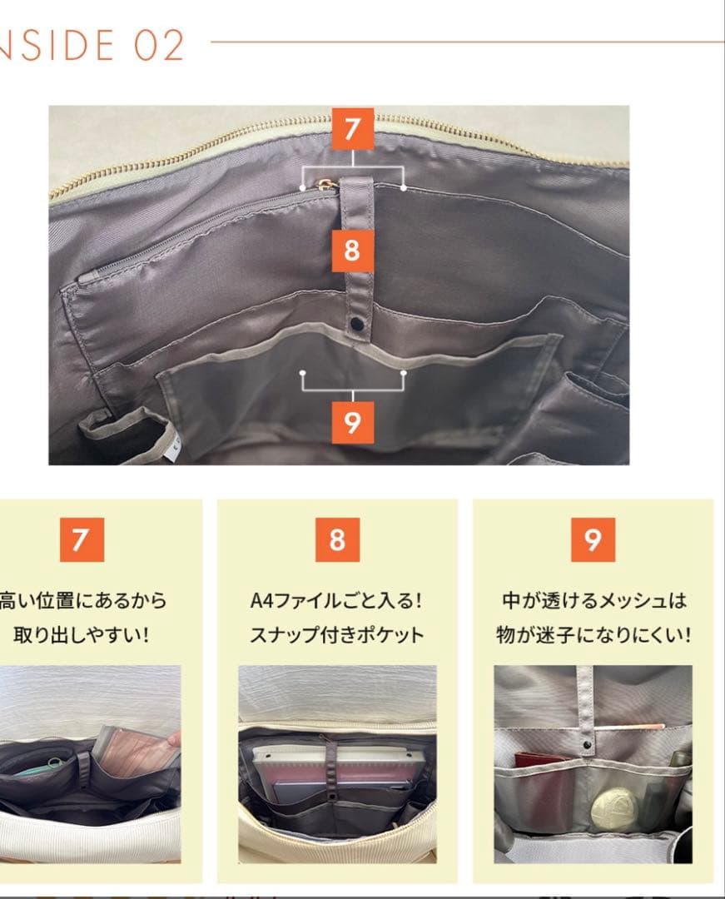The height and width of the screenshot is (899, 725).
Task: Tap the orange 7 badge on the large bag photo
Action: click(353, 129)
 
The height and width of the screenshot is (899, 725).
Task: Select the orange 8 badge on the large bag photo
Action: click(352, 250)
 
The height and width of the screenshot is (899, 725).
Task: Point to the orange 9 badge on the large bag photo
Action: click(353, 423)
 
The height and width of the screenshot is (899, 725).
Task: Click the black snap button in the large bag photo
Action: click(359, 323)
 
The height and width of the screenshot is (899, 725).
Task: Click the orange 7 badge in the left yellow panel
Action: click(81, 539)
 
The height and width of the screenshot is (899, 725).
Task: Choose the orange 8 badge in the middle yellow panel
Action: click(337, 539)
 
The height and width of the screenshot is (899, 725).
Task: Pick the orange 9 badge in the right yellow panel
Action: click(593, 539)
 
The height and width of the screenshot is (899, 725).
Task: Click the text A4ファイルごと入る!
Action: click(337, 600)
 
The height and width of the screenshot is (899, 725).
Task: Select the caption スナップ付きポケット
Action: click(337, 635)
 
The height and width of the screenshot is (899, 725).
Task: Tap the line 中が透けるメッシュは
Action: click(593, 600)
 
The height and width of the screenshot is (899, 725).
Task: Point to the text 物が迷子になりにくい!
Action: click(593, 635)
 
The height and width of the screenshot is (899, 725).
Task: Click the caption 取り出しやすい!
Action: click(81, 635)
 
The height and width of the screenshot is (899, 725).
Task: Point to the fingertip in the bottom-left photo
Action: click(172, 738)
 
